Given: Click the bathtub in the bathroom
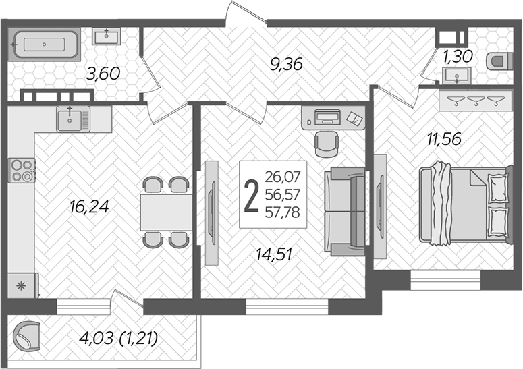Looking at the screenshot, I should (44, 45).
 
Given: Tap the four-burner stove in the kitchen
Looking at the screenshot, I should (21, 169).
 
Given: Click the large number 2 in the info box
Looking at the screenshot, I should (251, 196).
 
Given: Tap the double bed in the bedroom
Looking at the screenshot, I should (462, 204).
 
